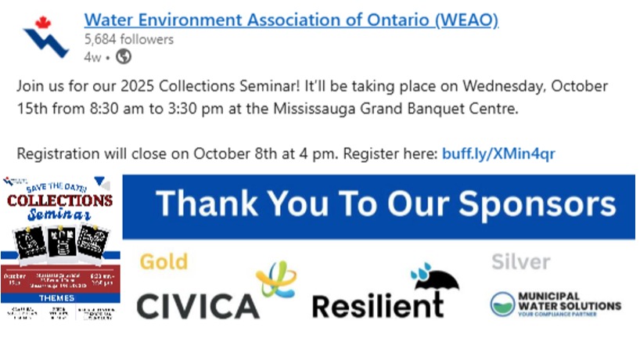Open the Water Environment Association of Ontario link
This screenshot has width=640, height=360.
pyautogui.click(x=291, y=20)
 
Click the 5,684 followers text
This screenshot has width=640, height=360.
pyautogui.click(x=129, y=39)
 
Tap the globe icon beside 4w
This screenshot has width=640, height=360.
pyautogui.click(x=124, y=56)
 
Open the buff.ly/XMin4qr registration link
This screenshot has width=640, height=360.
pyautogui.click(x=498, y=153)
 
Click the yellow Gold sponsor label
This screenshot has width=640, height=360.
pyautogui.click(x=164, y=261)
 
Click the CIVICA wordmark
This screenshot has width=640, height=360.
pyautogui.click(x=198, y=304)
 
